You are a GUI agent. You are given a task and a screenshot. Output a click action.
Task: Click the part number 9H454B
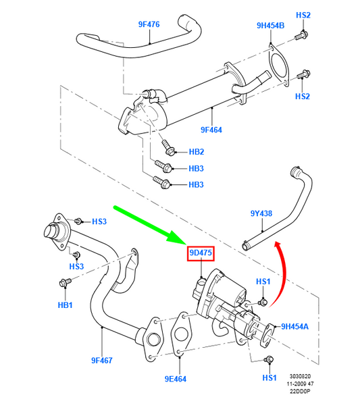pos(271,26)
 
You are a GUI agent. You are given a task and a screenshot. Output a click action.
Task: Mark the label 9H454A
pos(294,325)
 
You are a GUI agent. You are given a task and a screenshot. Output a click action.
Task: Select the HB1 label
pos(65,305)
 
